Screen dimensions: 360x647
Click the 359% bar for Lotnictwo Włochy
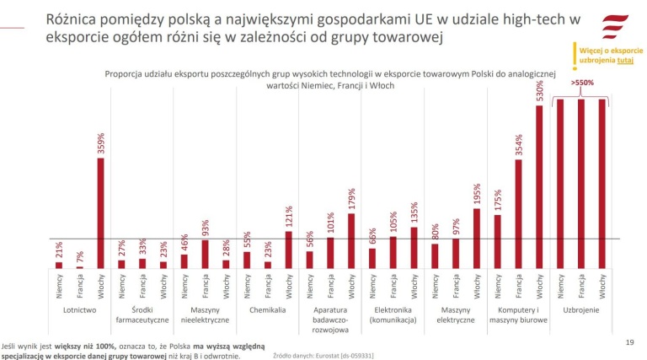pyautogui.click(x=100, y=213)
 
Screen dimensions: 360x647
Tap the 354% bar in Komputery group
pyautogui.click(x=519, y=214)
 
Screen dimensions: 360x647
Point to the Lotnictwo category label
pyautogui.click(x=80, y=310)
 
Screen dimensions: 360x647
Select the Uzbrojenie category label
pyautogui.click(x=581, y=310)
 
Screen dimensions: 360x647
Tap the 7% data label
pyautogui.click(x=80, y=255)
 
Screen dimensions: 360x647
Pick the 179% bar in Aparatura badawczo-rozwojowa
pyautogui.click(x=351, y=240)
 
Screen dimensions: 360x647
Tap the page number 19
pyautogui.click(x=628, y=342)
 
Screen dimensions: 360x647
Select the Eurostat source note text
pyautogui.click(x=326, y=356)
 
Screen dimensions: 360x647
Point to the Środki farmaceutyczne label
pyautogui.click(x=142, y=314)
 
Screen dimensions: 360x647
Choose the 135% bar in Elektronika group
pyautogui.click(x=414, y=247)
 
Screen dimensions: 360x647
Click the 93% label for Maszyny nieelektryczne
pyautogui.click(x=206, y=229)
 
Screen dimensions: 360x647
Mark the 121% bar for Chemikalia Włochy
pyautogui.click(x=289, y=250)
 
